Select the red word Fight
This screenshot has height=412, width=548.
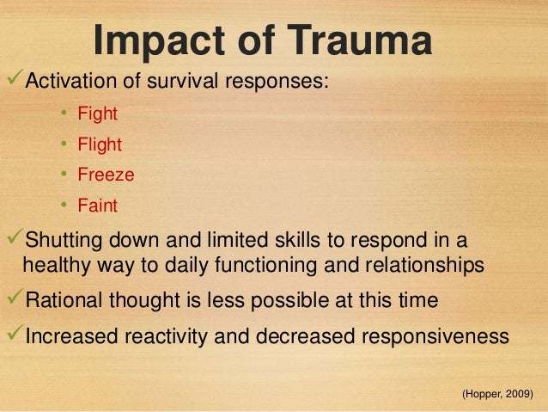click(x=97, y=114)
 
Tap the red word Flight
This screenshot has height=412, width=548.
click(x=100, y=145)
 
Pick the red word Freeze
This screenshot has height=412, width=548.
click(x=106, y=175)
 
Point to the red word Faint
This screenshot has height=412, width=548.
click(x=97, y=206)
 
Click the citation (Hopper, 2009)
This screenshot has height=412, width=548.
click(x=497, y=394)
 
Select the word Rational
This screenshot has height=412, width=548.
click(x=64, y=301)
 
